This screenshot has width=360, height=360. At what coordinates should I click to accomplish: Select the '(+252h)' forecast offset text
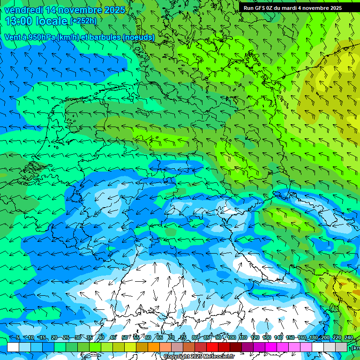click(x=83, y=21)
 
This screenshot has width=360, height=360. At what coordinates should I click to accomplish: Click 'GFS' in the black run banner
click(x=262, y=8)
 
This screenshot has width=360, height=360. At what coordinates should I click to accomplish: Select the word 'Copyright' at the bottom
click(x=177, y=357)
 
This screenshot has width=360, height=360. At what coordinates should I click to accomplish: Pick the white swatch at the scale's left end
click(x=13, y=347)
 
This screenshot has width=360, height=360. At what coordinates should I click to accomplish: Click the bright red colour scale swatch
click(x=212, y=347)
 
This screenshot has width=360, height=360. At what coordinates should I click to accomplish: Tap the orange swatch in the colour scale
click(x=154, y=347)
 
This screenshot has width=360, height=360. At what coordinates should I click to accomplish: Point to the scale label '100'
click(x=231, y=337)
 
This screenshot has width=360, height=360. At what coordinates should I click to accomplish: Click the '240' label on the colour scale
click(x=348, y=337)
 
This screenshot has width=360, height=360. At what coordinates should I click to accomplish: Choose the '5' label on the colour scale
click(x=18, y=337)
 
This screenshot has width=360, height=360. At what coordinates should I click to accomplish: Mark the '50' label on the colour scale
click(x=125, y=337)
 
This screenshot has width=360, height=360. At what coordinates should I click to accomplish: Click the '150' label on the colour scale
click(x=290, y=337)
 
